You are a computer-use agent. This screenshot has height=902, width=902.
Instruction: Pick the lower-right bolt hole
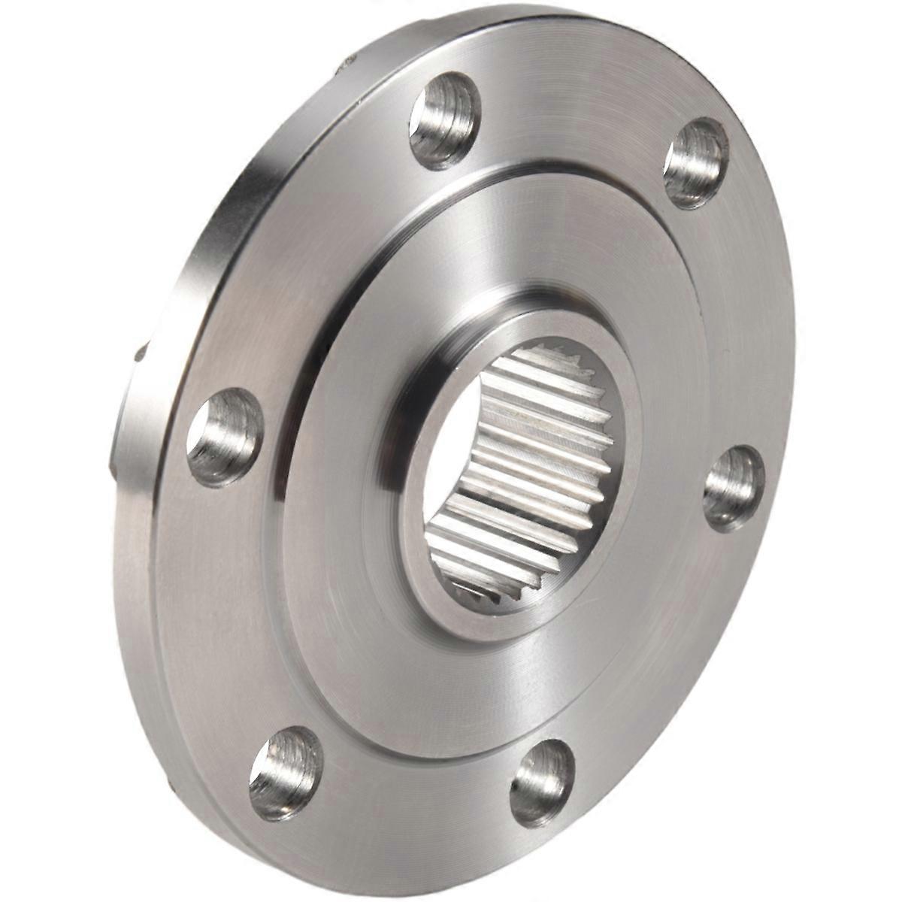click(542, 782)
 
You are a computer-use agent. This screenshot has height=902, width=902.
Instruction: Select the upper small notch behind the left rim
click(143, 353)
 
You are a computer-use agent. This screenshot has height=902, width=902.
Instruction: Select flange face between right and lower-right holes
click(661, 661)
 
